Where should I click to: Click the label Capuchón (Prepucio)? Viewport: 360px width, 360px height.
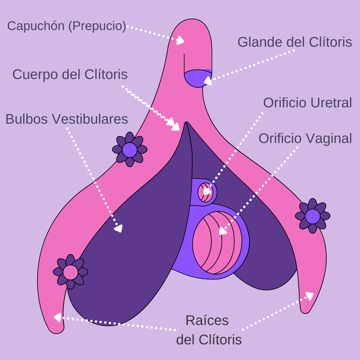[67, 26]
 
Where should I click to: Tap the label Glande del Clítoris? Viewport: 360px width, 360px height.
[295, 42]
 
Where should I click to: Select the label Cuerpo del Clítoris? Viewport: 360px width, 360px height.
[70, 75]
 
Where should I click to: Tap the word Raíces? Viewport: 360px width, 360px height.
[207, 321]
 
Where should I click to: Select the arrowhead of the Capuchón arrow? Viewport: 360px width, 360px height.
[180, 41]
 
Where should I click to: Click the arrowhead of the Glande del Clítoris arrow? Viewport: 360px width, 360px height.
[208, 81]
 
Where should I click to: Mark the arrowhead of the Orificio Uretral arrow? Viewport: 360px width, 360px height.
[207, 191]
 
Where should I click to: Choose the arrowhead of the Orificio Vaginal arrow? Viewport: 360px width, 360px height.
[223, 231]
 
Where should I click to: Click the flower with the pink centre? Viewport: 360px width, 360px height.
[70, 272]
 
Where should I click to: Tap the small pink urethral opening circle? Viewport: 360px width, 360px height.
[205, 192]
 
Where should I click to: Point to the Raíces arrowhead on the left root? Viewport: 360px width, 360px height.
[58, 317]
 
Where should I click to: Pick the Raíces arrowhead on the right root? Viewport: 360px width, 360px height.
[309, 296]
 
